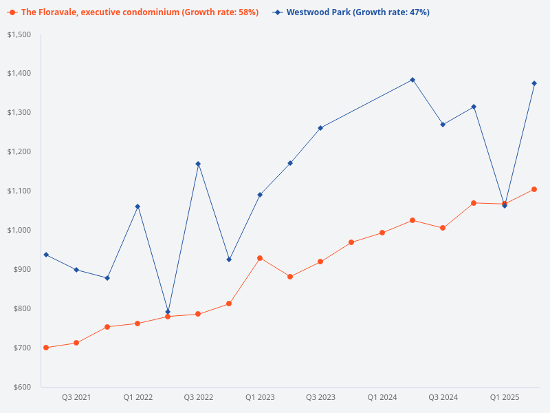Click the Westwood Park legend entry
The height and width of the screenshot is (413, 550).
tap(357, 12)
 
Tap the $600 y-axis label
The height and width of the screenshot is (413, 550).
tap(22, 387)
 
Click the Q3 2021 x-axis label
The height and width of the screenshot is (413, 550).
tap(76, 398)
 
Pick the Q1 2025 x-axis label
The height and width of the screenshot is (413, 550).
tap(504, 398)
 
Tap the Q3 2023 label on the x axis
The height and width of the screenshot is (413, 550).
tap(320, 398)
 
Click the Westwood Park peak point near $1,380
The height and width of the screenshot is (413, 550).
tap(412, 80)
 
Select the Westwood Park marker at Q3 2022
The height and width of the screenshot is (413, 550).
tap(198, 164)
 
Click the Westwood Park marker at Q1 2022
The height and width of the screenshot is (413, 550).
tap(137, 206)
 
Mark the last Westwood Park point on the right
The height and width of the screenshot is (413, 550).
tap(534, 83)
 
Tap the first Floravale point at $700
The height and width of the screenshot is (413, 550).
tap(46, 348)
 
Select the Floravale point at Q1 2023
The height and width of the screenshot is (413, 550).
tap(260, 258)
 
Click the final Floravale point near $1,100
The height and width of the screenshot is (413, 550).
tap(534, 189)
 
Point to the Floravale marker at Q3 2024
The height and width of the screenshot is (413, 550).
tap(443, 228)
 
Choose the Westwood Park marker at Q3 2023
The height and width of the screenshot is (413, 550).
tap(320, 128)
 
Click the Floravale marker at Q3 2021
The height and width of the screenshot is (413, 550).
tap(76, 343)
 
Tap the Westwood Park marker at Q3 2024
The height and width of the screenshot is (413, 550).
tap(443, 125)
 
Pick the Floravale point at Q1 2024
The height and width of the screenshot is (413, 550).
tap(382, 233)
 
